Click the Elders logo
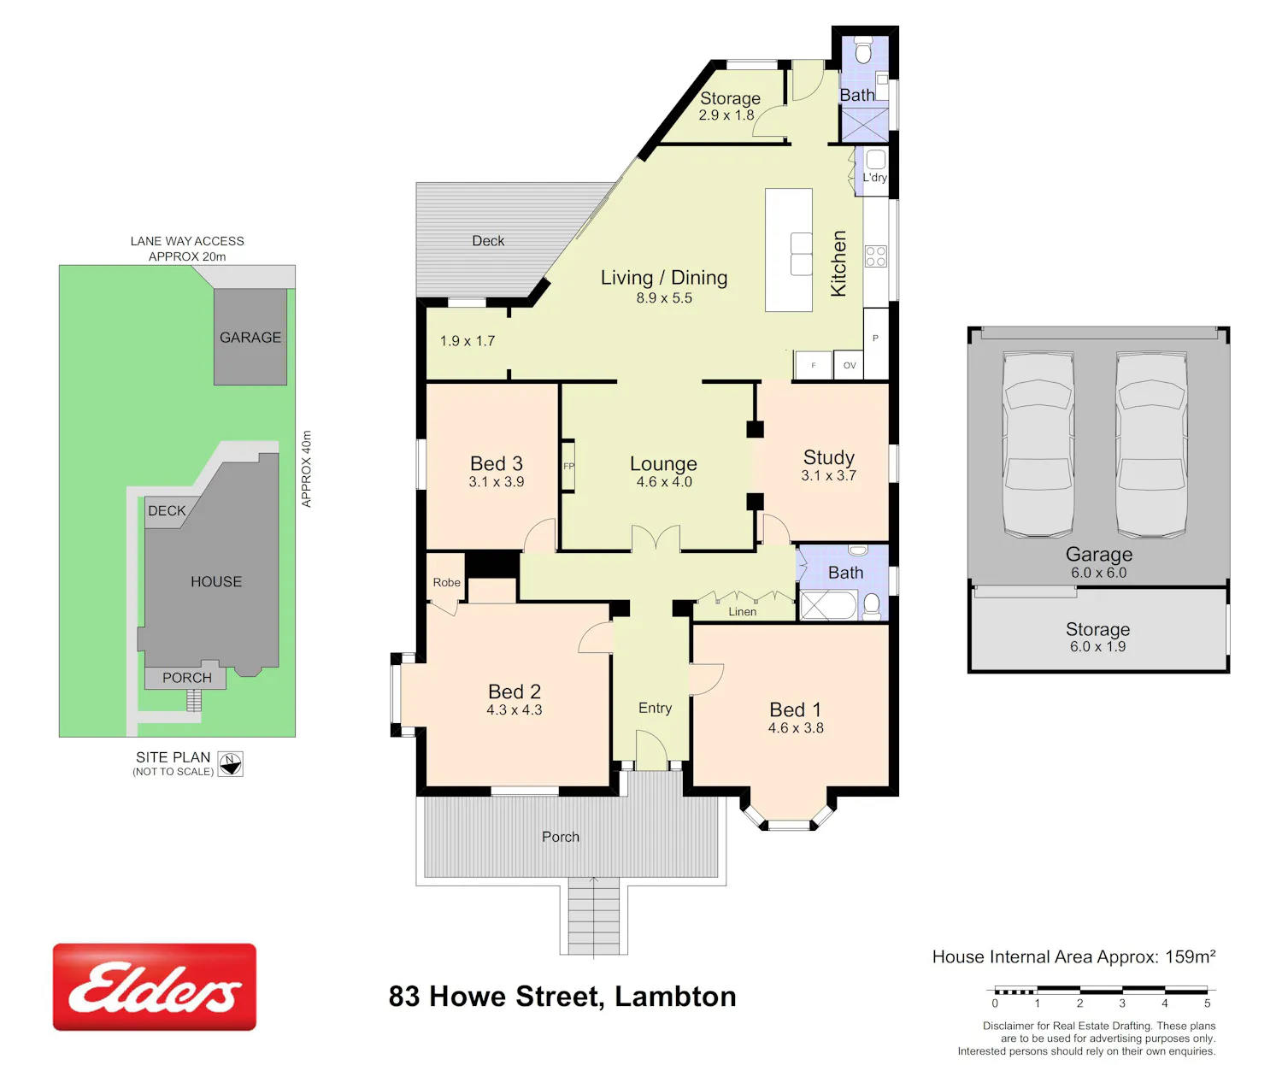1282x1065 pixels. [154, 986]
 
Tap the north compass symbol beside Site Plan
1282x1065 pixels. [230, 763]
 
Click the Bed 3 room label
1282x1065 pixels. [496, 463]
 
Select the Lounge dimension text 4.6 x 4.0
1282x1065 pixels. [664, 482]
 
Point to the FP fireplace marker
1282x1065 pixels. [568, 466]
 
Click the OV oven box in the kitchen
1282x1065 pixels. [850, 365]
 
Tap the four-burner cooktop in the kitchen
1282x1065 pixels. [875, 256]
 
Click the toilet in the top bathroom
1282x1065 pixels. [863, 50]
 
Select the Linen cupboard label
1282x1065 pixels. [743, 611]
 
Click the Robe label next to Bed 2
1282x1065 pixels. [446, 582]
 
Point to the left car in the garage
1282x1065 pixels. [1038, 444]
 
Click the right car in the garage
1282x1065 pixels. [1151, 444]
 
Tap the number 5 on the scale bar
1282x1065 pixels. [1207, 1003]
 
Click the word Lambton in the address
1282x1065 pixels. [675, 997]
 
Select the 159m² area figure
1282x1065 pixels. [1191, 956]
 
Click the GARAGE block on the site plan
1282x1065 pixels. [250, 337]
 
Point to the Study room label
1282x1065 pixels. [829, 457]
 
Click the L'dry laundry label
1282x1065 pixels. [875, 178]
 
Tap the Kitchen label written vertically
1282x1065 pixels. [838, 263]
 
